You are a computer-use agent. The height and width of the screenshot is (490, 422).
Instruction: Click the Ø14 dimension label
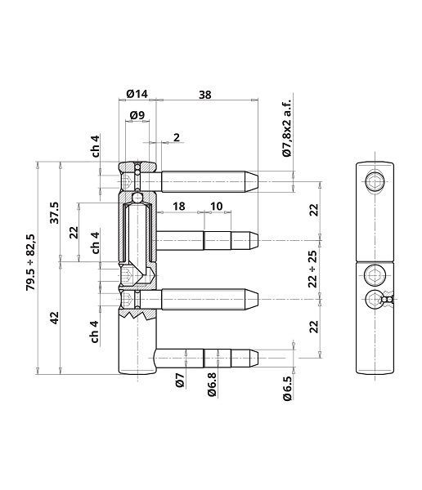pos(137,95)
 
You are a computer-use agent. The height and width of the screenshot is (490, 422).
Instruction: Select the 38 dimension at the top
pos(204,95)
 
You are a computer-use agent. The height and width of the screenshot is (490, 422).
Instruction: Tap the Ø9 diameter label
pos(137,116)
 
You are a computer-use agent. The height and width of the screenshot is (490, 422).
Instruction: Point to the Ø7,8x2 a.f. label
pos(287,127)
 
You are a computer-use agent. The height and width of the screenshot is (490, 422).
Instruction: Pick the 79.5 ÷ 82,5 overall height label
pos(31,262)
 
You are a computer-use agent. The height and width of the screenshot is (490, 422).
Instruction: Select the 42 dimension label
pos(55,318)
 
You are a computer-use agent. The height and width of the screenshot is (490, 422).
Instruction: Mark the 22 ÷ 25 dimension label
pos(312,264)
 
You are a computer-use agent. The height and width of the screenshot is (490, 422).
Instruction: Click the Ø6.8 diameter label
pos(211,385)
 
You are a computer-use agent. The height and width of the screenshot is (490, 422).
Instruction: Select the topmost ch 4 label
pos(96,145)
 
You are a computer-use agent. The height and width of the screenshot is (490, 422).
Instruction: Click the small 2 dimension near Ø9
pos(176,137)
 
